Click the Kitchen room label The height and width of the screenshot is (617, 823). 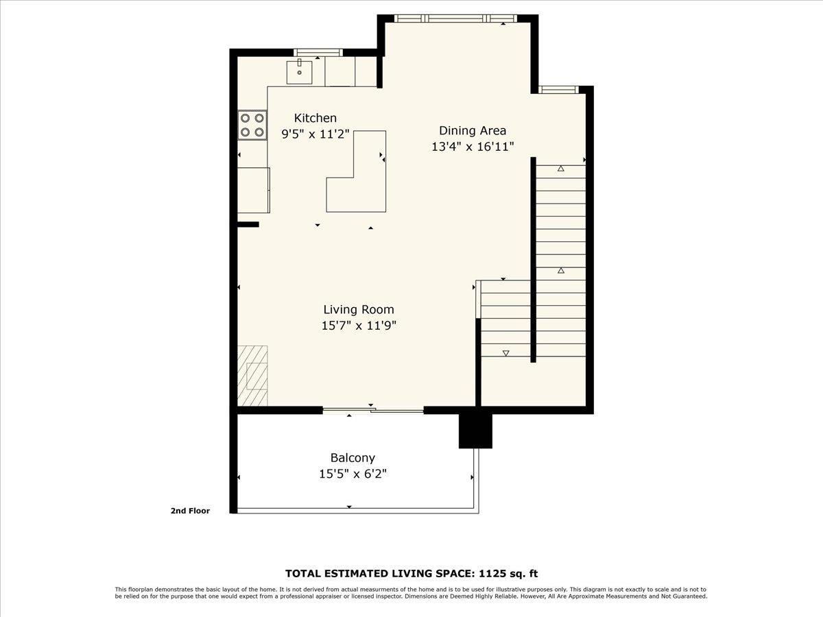tap(315, 118)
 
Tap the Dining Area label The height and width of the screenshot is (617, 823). tap(473, 130)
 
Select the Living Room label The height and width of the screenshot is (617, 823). tap(359, 310)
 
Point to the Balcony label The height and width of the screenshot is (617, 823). tap(353, 458)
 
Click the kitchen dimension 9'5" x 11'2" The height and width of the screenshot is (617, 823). tap(316, 134)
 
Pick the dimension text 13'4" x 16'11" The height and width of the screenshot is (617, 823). tap(473, 146)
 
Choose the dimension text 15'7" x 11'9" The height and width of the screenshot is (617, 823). tap(359, 326)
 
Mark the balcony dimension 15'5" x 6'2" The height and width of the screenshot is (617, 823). tap(353, 474)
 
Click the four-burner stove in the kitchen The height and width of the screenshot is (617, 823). tap(252, 125)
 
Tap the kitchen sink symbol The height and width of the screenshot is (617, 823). tap(300, 71)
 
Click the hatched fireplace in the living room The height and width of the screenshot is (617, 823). tap(252, 376)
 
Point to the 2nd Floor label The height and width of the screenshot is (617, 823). tap(190, 511)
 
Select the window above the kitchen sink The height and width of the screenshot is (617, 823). tap(318, 52)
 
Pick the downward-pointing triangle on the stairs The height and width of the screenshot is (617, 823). tap(506, 353)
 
